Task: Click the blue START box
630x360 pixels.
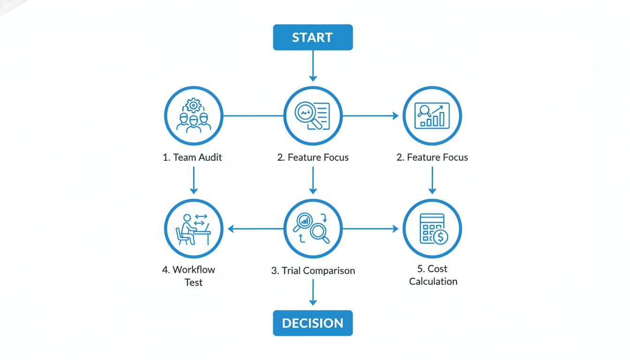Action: click(x=313, y=37)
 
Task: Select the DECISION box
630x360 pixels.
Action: click(x=313, y=323)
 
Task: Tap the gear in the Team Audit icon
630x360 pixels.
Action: click(x=193, y=105)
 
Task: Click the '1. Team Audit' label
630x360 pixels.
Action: click(x=192, y=157)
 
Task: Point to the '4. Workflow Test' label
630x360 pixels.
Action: click(x=189, y=276)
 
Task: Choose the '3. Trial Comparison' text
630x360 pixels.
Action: click(x=313, y=271)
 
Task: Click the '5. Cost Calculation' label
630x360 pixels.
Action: click(x=433, y=275)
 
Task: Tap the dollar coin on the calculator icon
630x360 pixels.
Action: click(x=440, y=237)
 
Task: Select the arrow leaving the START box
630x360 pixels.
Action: click(x=313, y=66)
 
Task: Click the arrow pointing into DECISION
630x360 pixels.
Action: click(x=313, y=293)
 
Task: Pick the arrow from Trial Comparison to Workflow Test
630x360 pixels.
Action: click(x=255, y=229)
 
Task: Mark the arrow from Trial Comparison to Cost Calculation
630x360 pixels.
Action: click(x=370, y=229)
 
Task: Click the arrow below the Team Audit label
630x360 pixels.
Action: click(x=194, y=180)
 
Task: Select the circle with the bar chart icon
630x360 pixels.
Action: click(x=432, y=116)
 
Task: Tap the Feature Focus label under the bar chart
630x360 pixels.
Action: click(x=432, y=157)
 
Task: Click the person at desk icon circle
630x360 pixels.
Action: click(x=194, y=229)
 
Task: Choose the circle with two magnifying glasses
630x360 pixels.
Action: click(x=313, y=229)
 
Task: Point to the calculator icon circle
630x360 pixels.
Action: click(x=432, y=229)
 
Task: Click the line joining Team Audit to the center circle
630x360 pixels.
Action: click(x=253, y=116)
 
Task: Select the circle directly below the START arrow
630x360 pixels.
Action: click(x=313, y=116)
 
